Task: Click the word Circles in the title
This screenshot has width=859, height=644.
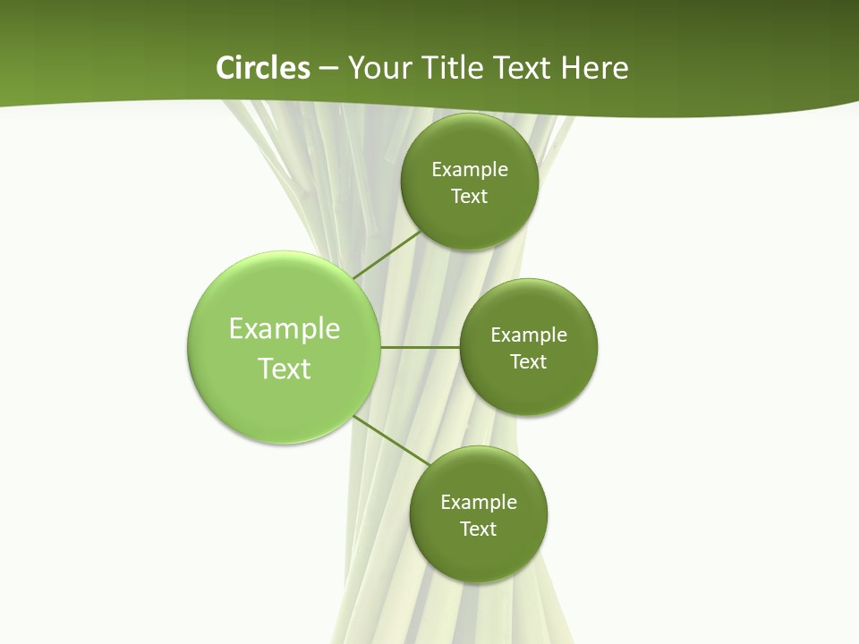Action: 263,68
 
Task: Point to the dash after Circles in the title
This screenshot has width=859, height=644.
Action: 328,69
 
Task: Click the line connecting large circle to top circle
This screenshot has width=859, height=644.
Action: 387,255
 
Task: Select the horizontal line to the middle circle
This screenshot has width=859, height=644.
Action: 420,347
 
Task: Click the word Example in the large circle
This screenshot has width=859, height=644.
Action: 285,329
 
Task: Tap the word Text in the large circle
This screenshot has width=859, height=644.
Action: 285,369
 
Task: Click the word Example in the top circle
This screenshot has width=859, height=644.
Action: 470,170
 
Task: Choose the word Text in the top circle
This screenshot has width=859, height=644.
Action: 470,197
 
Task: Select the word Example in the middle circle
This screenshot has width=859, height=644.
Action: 529,335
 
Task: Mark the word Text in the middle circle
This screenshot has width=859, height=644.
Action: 529,362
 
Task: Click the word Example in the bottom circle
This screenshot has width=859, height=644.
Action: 479,503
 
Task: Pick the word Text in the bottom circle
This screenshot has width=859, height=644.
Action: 479,530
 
